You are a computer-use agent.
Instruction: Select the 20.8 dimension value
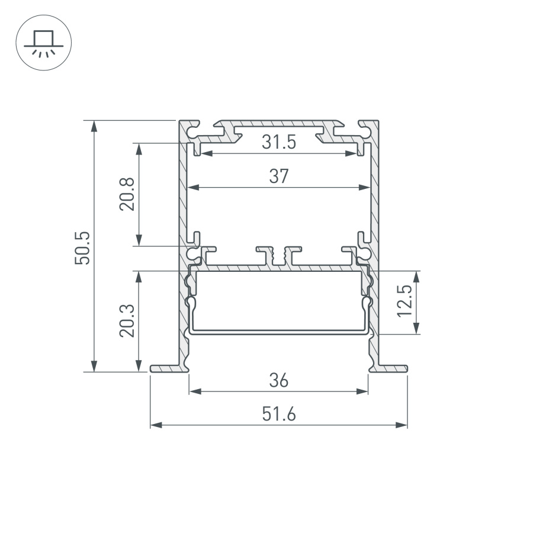point(127,194)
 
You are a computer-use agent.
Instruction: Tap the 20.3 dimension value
point(127,321)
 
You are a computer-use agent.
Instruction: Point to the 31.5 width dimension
point(278,142)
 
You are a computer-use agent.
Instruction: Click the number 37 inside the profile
point(278,176)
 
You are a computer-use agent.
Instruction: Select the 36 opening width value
point(278,380)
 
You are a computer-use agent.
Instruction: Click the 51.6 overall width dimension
point(278,415)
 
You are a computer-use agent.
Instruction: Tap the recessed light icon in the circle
point(43,43)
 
